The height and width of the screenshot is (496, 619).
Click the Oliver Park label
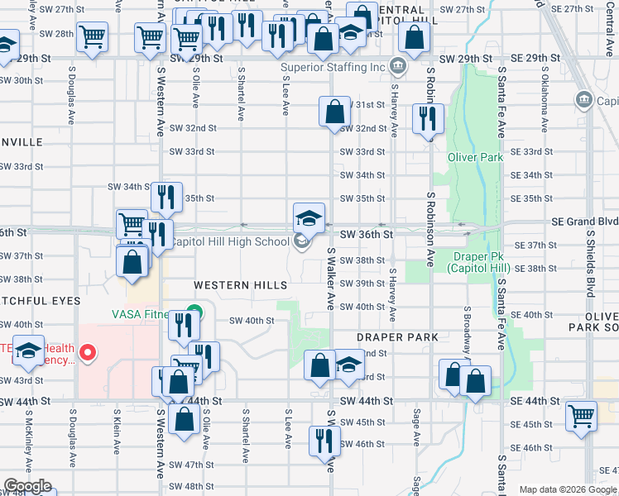tap(475, 157)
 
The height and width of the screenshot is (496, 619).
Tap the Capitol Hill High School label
tap(231, 241)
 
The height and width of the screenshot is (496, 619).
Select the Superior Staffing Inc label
tap(333, 67)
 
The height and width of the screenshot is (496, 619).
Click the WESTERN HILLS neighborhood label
tap(241, 285)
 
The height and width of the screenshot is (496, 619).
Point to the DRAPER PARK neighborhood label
tap(397, 337)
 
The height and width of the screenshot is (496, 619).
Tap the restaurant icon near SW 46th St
tap(324, 440)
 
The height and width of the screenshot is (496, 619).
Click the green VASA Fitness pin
tap(194, 313)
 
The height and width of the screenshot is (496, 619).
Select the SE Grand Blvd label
tap(585, 222)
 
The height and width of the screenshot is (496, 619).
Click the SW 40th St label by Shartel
tap(252, 321)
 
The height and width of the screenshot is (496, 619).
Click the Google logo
tap(27, 486)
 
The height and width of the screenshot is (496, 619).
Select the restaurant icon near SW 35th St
tap(168, 197)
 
